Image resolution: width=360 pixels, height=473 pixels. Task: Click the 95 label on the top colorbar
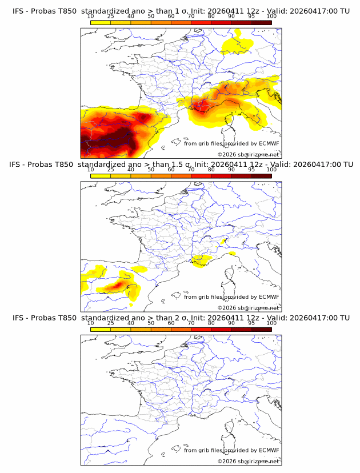(x=251, y=16)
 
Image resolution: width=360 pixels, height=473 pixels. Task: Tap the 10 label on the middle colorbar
(x=91, y=170)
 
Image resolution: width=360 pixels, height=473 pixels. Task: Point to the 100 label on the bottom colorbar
(x=271, y=323)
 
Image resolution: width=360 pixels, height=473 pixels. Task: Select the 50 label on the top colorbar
(x=151, y=16)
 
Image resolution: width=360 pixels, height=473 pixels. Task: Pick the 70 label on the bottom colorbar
(x=191, y=323)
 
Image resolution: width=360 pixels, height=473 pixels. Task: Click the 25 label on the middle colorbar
(x=111, y=170)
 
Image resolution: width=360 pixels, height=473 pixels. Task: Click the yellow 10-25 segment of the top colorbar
(x=101, y=22)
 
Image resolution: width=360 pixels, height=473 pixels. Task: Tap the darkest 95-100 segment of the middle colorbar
(x=261, y=176)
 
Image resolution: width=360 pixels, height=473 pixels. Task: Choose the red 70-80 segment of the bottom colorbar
(x=201, y=329)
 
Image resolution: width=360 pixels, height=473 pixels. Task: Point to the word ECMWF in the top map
(x=269, y=144)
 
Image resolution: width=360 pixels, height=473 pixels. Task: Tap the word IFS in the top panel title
(x=19, y=11)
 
